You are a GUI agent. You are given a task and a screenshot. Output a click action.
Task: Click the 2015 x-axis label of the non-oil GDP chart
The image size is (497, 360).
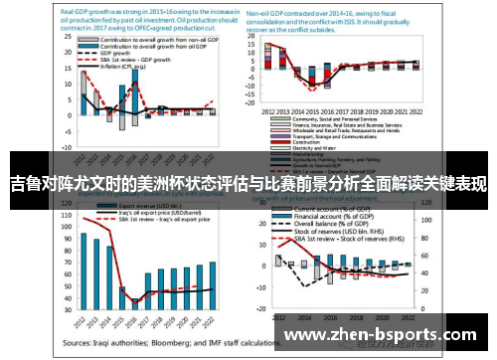click(312, 111)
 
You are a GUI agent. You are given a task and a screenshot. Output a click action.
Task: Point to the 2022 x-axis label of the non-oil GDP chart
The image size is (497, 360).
click(403, 111)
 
